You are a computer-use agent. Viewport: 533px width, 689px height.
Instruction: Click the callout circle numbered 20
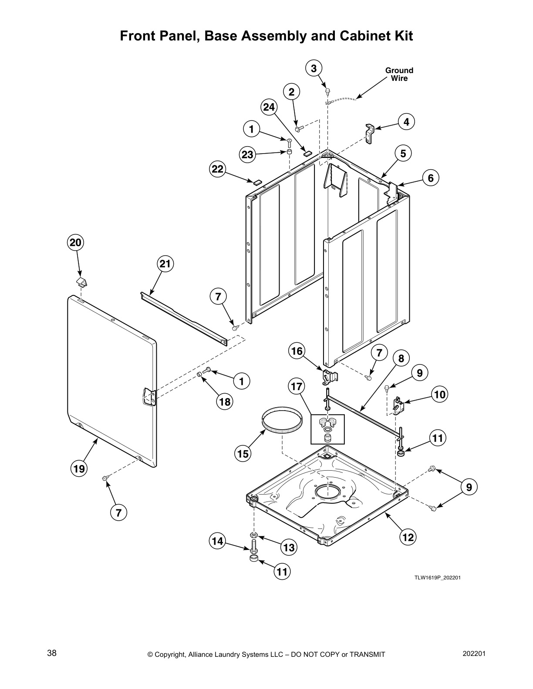(76, 242)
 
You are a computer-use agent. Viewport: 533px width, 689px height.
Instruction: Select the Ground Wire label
(399, 74)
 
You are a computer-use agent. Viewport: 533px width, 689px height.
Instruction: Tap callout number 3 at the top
(314, 68)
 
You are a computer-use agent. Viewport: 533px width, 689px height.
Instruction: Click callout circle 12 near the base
(408, 537)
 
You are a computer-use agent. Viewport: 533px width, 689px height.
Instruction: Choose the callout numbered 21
(165, 264)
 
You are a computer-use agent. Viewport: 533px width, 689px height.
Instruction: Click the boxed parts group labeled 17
(327, 428)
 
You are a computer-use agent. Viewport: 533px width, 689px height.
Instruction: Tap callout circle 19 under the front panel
(79, 468)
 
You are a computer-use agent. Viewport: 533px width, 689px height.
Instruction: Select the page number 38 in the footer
(52, 653)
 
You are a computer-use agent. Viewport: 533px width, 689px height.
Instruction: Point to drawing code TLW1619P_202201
(437, 578)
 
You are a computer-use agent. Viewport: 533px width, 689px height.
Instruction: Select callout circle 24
(269, 107)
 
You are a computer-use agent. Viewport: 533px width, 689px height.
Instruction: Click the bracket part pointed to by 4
(369, 133)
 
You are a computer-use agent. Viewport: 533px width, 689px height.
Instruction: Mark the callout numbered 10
(440, 395)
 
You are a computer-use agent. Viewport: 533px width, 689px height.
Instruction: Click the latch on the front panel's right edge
(149, 397)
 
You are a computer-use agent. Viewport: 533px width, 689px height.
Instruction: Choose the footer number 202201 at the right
(474, 653)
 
